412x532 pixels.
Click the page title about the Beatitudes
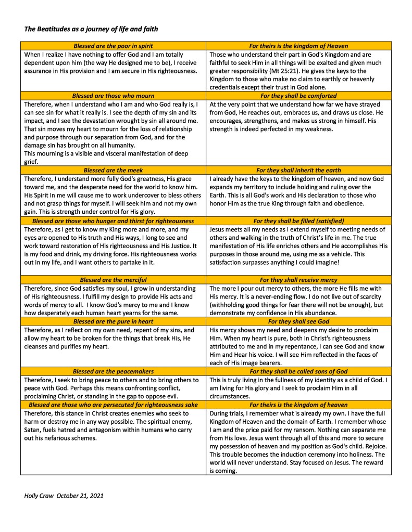[x=91, y=29]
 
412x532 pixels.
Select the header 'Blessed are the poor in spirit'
[x=113, y=46]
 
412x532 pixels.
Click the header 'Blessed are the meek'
[x=113, y=170]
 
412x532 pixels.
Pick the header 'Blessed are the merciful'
[x=113, y=279]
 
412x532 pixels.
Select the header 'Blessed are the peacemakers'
[x=113, y=371]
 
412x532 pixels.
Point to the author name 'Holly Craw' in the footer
[x=39, y=496]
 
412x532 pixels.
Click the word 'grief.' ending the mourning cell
[x=32, y=162]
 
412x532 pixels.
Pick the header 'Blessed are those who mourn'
[x=113, y=96]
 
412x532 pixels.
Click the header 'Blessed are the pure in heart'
[x=113, y=321]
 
